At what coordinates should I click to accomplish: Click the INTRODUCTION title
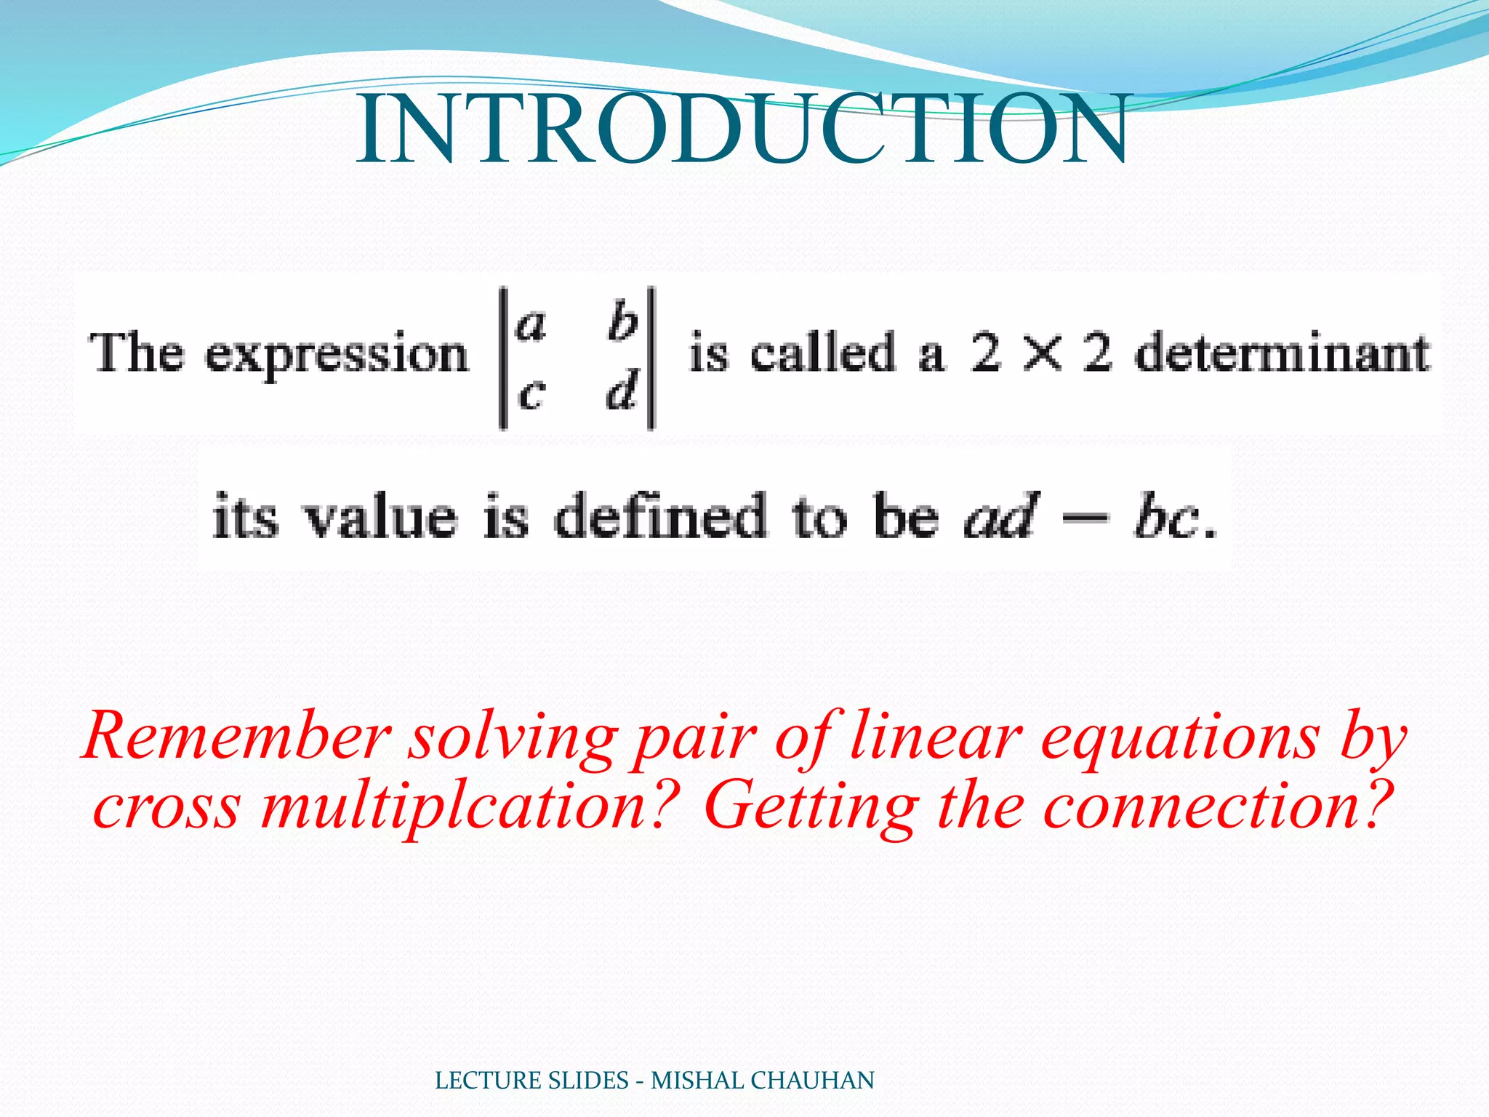tap(742, 129)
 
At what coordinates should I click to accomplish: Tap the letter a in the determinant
tap(530, 325)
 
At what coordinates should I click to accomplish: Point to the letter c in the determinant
tap(531, 394)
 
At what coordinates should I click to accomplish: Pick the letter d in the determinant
tap(622, 391)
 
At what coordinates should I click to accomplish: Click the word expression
tap(337, 356)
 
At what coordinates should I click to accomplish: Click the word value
tap(380, 517)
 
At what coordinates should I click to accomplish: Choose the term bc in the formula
tap(1165, 517)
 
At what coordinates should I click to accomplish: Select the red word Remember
tap(237, 736)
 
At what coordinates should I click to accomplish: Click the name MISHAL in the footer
tap(697, 1081)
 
